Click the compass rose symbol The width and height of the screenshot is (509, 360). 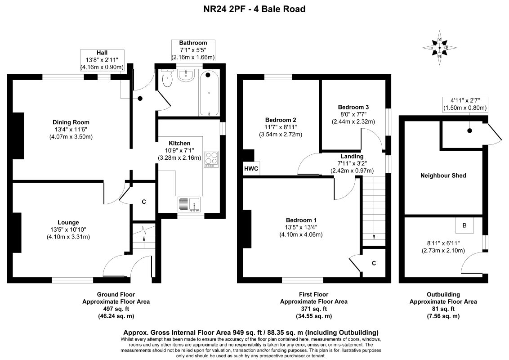(440, 48)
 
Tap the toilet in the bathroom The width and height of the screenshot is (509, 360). (167, 78)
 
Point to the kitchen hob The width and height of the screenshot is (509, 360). (211, 159)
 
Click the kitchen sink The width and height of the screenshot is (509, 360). (189, 204)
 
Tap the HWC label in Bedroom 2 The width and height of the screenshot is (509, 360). (251, 169)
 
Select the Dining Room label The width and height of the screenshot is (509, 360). (71, 122)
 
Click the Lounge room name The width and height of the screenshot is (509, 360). (68, 223)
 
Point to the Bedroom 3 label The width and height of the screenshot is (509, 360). (353, 107)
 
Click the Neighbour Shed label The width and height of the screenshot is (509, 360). (443, 176)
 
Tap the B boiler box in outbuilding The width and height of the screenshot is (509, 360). (464, 225)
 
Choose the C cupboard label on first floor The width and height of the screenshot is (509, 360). (374, 263)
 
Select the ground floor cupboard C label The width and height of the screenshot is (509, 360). (144, 202)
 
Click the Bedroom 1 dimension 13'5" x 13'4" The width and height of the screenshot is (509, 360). (301, 227)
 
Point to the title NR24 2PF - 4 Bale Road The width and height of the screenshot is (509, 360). (254, 9)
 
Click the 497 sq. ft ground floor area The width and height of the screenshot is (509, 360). (116, 309)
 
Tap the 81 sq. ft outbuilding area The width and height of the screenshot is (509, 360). (443, 309)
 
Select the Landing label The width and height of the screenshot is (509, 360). (352, 156)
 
